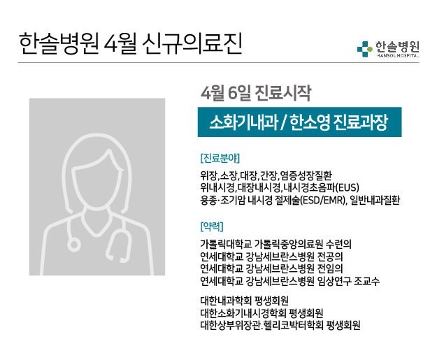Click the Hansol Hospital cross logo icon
point(364,49)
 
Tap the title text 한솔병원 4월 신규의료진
point(131,44)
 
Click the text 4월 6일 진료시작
point(256,93)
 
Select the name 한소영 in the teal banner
point(310,122)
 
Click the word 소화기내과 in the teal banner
point(244,122)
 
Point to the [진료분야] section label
point(220,158)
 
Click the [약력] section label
point(212,226)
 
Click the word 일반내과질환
point(375,200)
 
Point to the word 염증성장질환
point(306,175)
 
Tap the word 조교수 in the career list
point(366,280)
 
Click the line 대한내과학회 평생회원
point(245,301)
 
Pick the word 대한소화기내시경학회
point(243,313)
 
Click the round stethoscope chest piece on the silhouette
point(74,245)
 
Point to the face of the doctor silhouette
point(97,181)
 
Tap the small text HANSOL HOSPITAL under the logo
point(398,56)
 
